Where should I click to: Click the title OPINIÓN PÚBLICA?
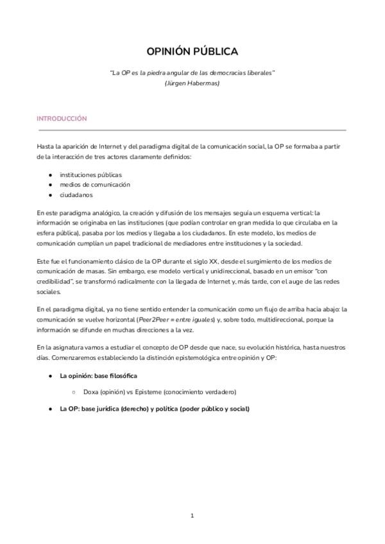click(193, 51)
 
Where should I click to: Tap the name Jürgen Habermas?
click(193, 83)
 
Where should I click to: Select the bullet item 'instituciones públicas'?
click(90, 174)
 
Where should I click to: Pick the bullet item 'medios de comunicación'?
click(95, 184)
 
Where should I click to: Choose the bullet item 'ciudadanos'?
click(76, 194)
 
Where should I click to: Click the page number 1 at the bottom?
click(193, 515)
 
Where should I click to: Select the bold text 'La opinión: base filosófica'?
click(98, 375)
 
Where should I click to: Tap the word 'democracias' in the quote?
click(221, 72)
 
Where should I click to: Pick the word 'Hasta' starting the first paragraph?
click(46, 147)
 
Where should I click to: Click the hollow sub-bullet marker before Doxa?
click(74, 391)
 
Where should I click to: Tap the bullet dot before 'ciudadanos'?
click(50, 194)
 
